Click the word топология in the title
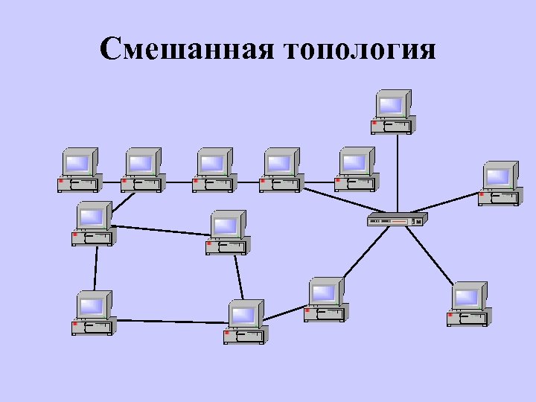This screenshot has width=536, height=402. coord(360,51)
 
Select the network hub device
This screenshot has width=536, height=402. coord(398,220)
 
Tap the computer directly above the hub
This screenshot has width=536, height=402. coord(393,112)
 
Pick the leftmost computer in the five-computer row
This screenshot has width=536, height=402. coord(79,170)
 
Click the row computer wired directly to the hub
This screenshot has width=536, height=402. coord(356,170)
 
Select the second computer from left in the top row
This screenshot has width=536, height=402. coord(143,170)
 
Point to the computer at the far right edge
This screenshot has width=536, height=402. coord(500,183)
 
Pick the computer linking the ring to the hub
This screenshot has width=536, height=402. coord(325,299)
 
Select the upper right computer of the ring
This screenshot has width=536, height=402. coord(228,232)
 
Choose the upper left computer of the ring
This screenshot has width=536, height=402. coord(92,223)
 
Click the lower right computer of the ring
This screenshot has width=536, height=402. coord(246,322)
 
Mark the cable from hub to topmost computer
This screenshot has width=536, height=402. coord(398,175)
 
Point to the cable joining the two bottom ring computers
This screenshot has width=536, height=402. coord(170,322)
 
